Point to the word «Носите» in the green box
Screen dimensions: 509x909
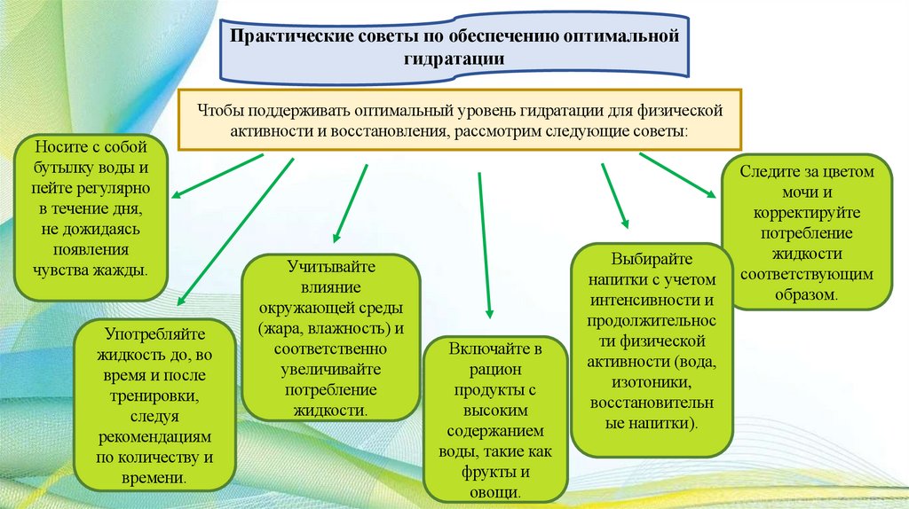point(60,147)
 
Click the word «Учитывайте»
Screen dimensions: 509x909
point(331,266)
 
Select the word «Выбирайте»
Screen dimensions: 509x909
point(651,259)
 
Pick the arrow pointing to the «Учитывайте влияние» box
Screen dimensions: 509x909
point(350,202)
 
